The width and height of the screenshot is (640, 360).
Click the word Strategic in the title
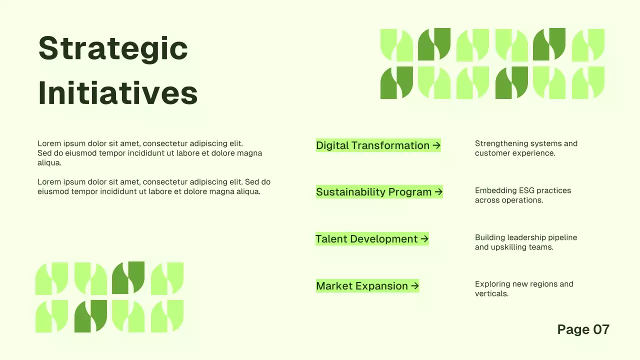[x=113, y=49]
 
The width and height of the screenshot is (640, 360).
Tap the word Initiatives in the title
[x=118, y=93]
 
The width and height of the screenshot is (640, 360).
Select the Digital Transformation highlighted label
[x=372, y=145]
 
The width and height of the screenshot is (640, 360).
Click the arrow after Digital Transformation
[x=436, y=145]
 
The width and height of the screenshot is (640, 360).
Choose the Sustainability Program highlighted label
[x=373, y=192]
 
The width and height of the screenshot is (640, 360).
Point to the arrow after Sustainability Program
[x=438, y=192]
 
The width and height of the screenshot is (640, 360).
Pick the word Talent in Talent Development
[x=331, y=239]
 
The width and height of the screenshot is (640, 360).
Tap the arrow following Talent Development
[x=424, y=239]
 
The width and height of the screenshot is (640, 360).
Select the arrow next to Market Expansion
[x=414, y=286]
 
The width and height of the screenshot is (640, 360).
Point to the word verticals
[x=491, y=294]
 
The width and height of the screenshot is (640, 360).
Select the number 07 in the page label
[x=601, y=329]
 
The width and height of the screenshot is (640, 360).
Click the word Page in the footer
[x=573, y=329]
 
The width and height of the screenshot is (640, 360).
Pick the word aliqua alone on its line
[x=49, y=163]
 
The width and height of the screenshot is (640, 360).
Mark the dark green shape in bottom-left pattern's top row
[x=128, y=277]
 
